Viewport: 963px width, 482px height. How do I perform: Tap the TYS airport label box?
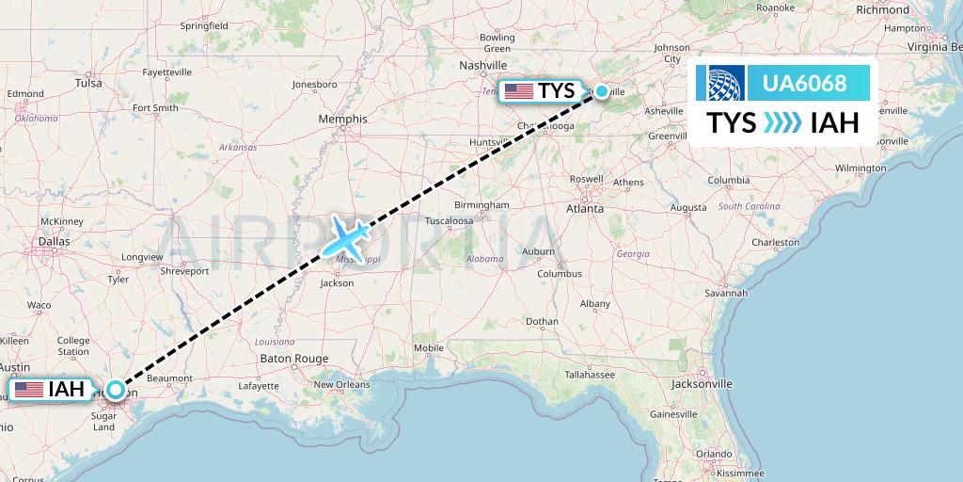(x=542, y=91)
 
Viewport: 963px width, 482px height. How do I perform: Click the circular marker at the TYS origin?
(x=601, y=91)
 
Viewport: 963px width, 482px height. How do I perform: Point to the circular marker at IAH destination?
(x=115, y=389)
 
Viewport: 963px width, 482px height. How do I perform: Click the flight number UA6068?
(x=804, y=83)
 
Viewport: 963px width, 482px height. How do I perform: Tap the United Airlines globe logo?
(x=720, y=83)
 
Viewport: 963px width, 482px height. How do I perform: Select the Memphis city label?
(x=343, y=120)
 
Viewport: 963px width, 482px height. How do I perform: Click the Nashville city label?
(x=483, y=65)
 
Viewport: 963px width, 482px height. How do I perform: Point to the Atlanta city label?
(x=584, y=208)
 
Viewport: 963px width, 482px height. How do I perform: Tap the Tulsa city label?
(x=88, y=83)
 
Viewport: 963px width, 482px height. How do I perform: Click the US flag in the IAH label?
(x=28, y=389)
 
